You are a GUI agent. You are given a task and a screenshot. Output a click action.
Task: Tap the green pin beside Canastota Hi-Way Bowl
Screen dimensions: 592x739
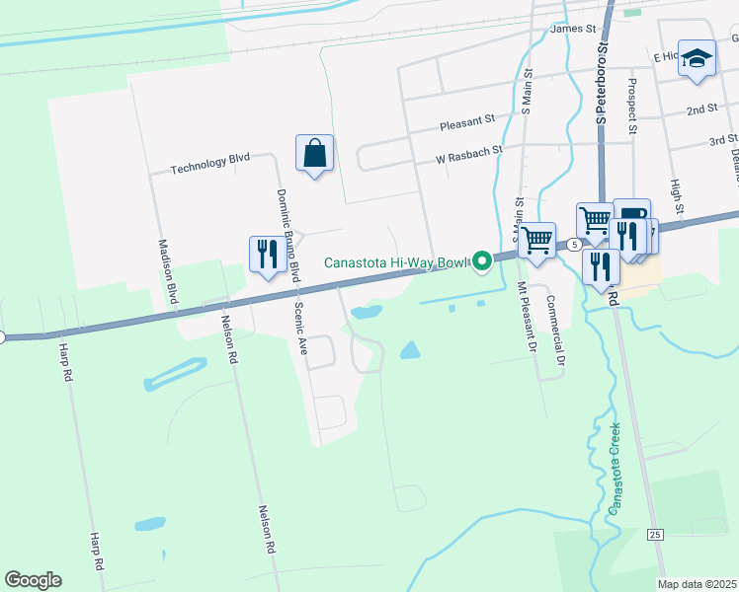(482, 261)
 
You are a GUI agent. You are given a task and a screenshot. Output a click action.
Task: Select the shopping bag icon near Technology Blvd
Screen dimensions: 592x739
(314, 154)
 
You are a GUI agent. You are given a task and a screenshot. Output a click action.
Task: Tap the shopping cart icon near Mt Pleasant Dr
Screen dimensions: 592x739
(536, 240)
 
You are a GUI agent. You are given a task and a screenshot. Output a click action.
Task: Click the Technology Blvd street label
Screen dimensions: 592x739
(210, 163)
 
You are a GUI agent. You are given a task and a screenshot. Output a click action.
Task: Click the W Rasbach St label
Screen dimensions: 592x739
(469, 154)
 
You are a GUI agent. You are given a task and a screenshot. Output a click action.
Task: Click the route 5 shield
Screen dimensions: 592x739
(573, 244)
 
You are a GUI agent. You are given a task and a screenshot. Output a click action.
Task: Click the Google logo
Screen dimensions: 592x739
(33, 580)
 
